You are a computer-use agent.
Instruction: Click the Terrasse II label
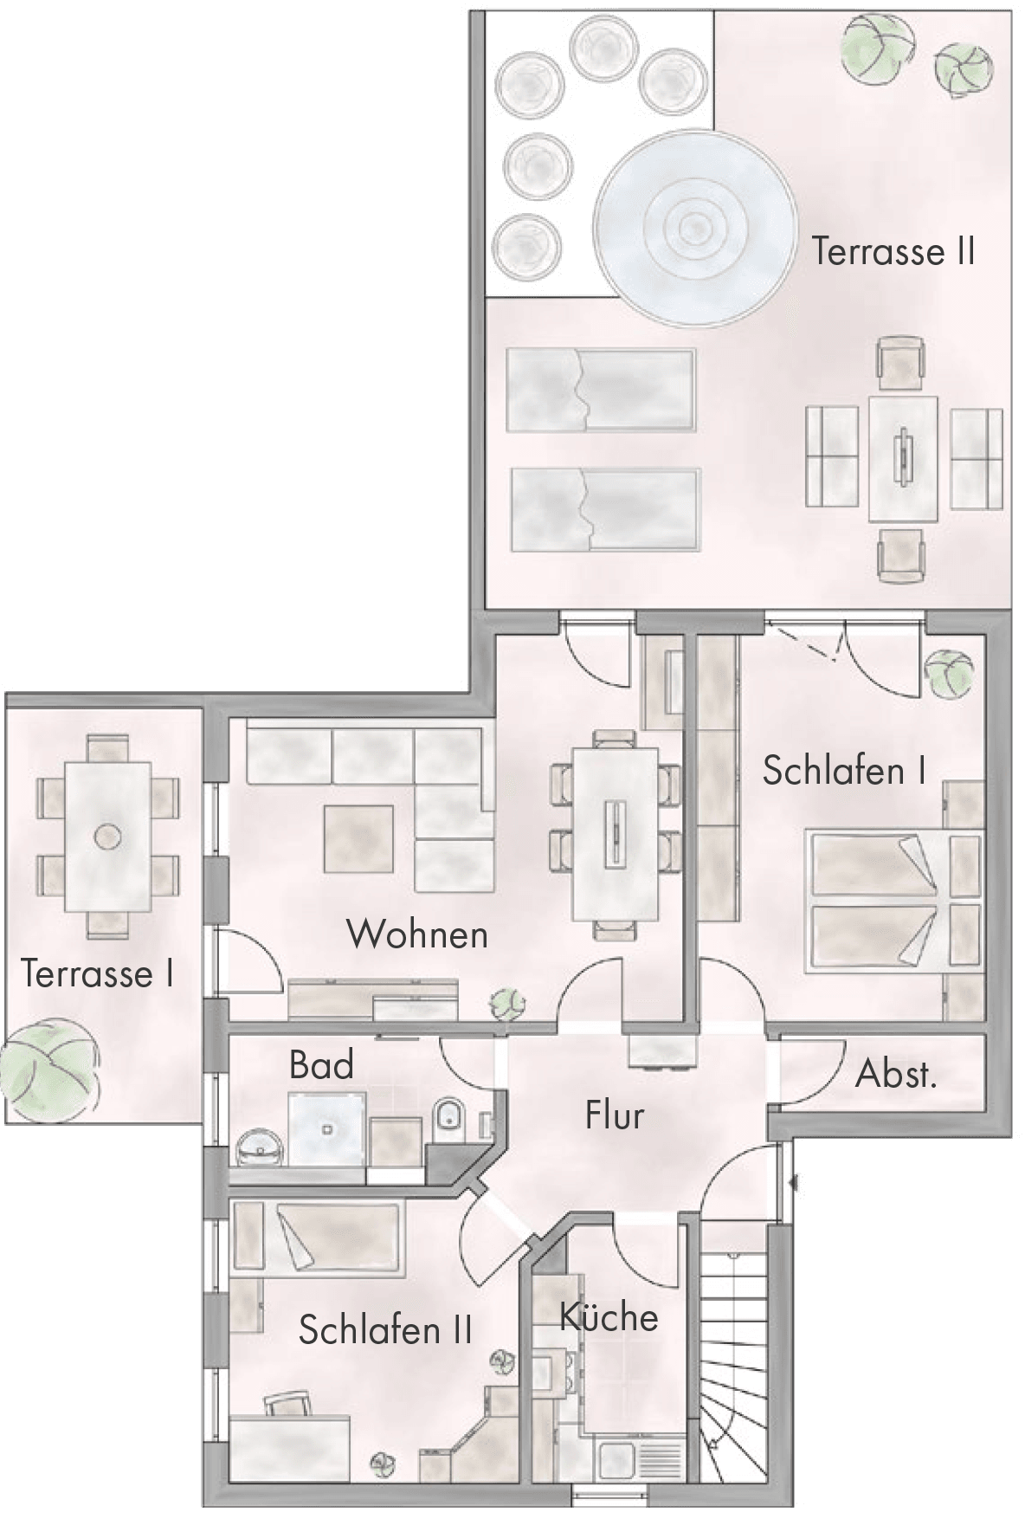pos(893,251)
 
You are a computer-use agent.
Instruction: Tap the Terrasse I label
pos(97,973)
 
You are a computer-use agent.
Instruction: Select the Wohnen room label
pos(417,935)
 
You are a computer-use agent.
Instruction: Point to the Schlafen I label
pos(844,770)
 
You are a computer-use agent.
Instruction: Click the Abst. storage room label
pos(896,1075)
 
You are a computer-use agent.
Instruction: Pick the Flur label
pos(615,1115)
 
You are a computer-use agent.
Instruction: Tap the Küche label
pos(609,1317)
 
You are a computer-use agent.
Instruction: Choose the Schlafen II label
pos(385,1329)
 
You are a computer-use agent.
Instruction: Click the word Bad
pos(321,1065)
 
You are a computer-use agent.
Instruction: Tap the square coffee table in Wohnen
pos(358,839)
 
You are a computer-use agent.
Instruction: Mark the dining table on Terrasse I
pos(108,837)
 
